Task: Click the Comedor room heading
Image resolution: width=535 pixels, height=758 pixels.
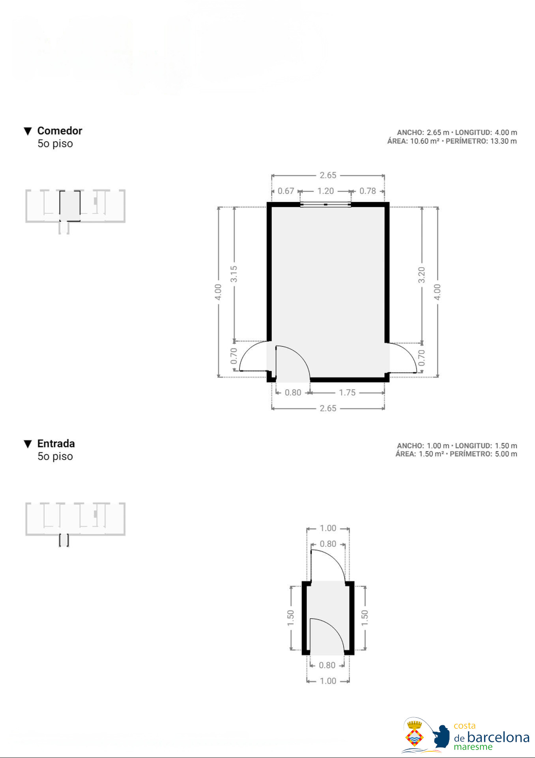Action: coord(60,131)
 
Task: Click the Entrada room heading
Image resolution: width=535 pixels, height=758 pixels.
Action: coord(56,443)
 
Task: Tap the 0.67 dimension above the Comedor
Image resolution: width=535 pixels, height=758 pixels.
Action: coord(286,191)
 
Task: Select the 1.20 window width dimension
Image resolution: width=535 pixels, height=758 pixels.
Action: coord(325,191)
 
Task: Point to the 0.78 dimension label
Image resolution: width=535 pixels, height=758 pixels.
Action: coord(368,191)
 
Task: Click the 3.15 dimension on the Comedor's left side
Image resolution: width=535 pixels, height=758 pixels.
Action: coord(234,274)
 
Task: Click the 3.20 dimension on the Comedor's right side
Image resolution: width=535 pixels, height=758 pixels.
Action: coord(421,275)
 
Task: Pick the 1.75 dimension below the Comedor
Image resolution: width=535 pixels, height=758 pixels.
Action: coord(347,392)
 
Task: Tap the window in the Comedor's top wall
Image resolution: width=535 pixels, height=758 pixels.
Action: coord(325,205)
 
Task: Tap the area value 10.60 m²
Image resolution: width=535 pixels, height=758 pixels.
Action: coord(425,141)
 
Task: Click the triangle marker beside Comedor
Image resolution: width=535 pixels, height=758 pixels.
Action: coord(28,131)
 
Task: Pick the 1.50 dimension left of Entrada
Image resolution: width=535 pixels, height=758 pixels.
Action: coord(290,618)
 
